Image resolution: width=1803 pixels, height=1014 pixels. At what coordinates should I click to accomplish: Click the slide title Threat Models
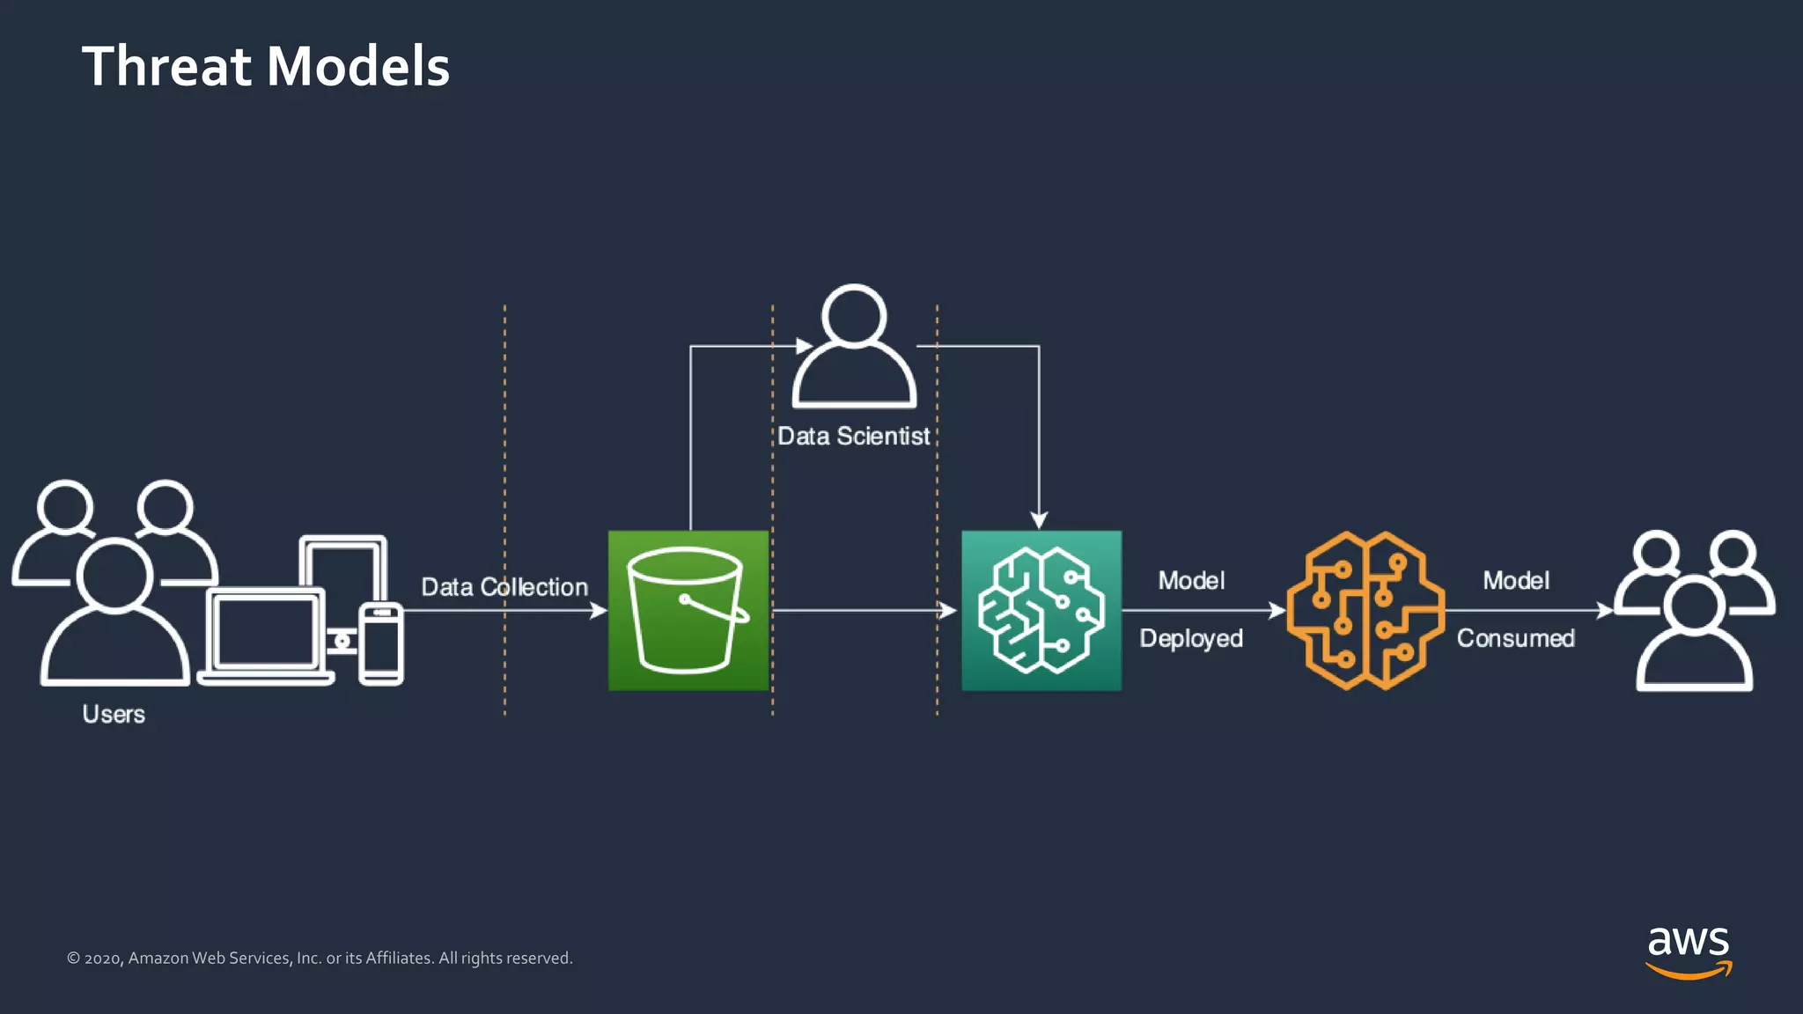(x=265, y=67)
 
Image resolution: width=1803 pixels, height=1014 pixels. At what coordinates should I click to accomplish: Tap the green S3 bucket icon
(x=688, y=610)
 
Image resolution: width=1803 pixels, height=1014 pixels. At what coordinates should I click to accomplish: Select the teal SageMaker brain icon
(x=1041, y=610)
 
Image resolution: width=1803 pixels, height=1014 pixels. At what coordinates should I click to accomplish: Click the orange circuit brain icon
(x=1365, y=610)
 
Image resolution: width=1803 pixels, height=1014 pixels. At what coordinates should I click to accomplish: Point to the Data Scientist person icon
(x=853, y=347)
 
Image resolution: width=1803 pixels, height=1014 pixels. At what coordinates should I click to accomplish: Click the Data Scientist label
(x=853, y=437)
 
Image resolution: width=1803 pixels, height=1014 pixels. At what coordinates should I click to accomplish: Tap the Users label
(x=114, y=714)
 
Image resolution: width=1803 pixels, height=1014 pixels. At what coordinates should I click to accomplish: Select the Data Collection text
(x=504, y=587)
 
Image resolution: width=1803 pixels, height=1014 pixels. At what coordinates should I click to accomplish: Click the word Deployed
(x=1190, y=638)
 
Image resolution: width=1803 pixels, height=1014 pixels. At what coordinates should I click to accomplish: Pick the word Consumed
(x=1515, y=638)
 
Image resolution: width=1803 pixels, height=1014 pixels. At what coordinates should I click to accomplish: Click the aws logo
(x=1688, y=951)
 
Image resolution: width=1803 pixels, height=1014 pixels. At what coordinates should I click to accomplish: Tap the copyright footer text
(x=320, y=958)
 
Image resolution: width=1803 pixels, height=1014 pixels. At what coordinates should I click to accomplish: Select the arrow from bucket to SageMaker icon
(x=863, y=610)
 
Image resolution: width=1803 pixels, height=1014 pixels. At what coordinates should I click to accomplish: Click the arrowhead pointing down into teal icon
(x=1039, y=519)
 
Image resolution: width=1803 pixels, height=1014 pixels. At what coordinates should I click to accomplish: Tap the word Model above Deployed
(x=1190, y=581)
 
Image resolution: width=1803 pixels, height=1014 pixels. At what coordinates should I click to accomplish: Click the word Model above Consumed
(x=1515, y=581)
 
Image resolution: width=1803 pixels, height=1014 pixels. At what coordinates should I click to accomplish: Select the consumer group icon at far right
(x=1694, y=610)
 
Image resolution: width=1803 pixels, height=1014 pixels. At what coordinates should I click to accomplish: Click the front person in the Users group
(x=114, y=616)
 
